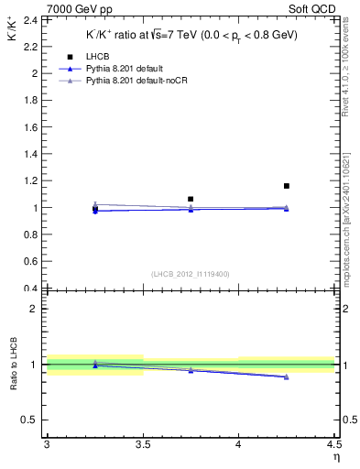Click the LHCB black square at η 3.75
coord(191,199)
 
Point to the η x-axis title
coord(335,457)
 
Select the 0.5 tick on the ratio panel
coord(32,420)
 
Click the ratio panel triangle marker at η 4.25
coord(287,376)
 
